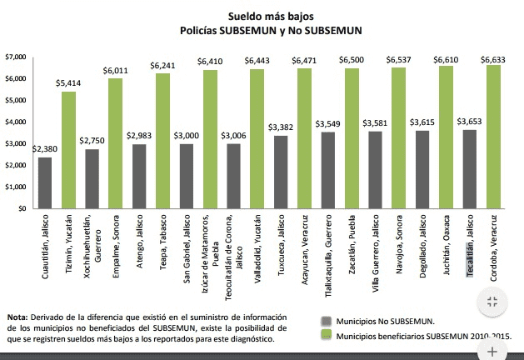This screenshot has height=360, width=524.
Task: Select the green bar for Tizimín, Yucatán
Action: pos(68,150)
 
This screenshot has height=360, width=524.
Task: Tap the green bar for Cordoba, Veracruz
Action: pos(493,137)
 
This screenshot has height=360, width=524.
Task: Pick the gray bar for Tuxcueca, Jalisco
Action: pos(281,172)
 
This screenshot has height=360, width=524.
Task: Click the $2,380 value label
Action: pos(43,149)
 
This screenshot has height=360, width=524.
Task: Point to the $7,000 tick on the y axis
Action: pos(16,57)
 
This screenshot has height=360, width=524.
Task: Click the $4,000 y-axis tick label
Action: pos(16,122)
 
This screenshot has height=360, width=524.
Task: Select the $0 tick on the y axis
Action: pos(21,208)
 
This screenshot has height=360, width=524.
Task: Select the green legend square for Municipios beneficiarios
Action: pos(326,336)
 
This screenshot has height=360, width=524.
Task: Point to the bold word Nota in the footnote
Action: pos(16,317)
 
